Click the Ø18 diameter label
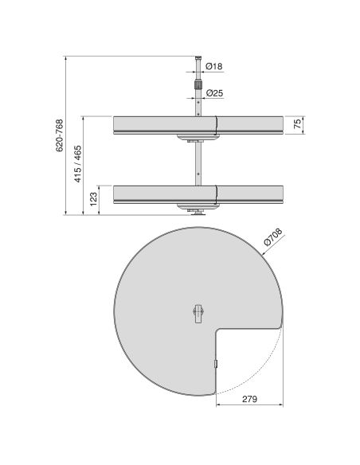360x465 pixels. pyautogui.click(x=213, y=65)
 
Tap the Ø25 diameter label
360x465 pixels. pyautogui.click(x=213, y=93)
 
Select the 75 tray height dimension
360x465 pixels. pyautogui.click(x=296, y=125)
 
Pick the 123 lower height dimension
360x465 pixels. pyautogui.click(x=94, y=198)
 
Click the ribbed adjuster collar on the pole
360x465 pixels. pyautogui.click(x=195, y=81)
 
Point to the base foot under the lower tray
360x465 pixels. pyautogui.click(x=195, y=212)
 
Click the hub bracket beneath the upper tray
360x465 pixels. pyautogui.click(x=195, y=140)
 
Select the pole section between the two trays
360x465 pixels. pyautogui.click(x=195, y=163)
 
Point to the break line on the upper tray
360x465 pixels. pyautogui.click(x=217, y=124)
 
